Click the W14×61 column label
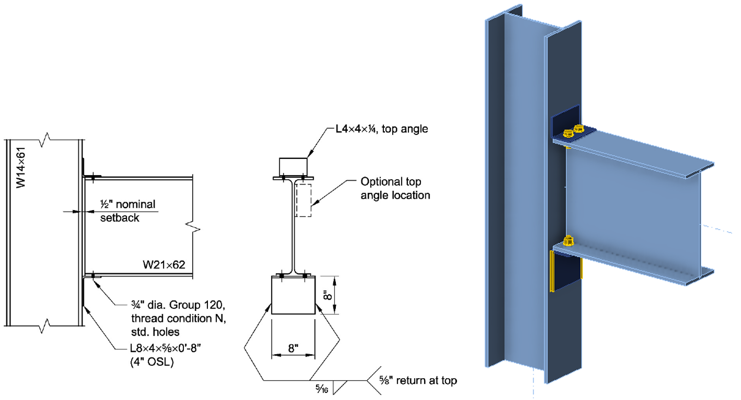[x=21, y=167]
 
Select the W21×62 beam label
[x=164, y=265]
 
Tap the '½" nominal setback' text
[x=127, y=211]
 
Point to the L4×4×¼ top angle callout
[x=382, y=129]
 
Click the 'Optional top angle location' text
[x=395, y=188]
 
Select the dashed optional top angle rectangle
[x=303, y=200]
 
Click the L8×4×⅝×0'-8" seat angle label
[x=165, y=348]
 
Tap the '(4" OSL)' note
[x=152, y=361]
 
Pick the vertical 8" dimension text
[x=328, y=295]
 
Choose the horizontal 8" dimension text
[x=293, y=348]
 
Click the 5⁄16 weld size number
[x=322, y=389]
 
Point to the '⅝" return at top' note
[x=418, y=380]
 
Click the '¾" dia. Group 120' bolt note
[x=178, y=305]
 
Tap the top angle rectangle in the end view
[x=293, y=166]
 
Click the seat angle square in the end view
[x=293, y=296]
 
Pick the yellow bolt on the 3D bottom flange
[x=569, y=241]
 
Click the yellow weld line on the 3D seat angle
[x=552, y=272]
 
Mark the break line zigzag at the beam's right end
[x=193, y=226]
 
